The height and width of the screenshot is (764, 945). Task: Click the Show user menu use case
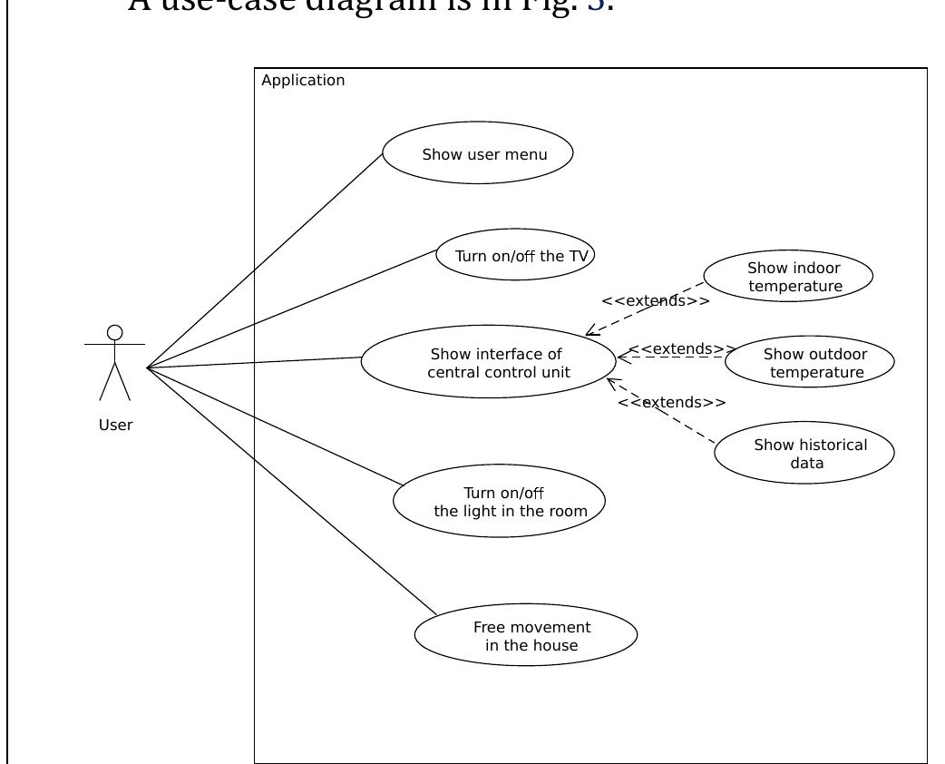coord(478,154)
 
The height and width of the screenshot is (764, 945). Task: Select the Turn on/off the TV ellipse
coord(515,255)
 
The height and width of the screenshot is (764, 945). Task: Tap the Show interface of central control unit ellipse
coord(489,362)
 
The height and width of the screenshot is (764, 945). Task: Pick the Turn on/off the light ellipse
coord(499,501)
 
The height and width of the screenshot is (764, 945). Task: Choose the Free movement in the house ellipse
coord(526,634)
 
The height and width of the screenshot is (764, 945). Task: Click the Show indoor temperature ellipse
coord(788,277)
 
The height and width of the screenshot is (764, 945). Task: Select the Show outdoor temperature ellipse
coord(810,362)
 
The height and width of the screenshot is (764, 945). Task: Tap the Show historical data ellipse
coord(804,453)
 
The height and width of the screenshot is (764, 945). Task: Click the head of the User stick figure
coord(115,333)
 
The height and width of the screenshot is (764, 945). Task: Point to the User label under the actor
coord(115,425)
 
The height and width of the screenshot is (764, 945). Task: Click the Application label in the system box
coord(303,80)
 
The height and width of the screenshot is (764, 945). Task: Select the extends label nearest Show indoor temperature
coord(655,300)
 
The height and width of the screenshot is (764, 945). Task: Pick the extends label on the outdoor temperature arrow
coord(682,348)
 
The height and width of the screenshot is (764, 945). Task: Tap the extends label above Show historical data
coord(671,402)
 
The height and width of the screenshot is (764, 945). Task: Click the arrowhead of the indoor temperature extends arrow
coord(590,333)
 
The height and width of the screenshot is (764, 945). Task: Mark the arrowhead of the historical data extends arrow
coord(611,382)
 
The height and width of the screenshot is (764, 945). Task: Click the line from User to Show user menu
coord(263,261)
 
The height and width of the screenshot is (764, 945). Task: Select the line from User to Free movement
coord(290,491)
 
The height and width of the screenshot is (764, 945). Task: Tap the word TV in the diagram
coord(578,256)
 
